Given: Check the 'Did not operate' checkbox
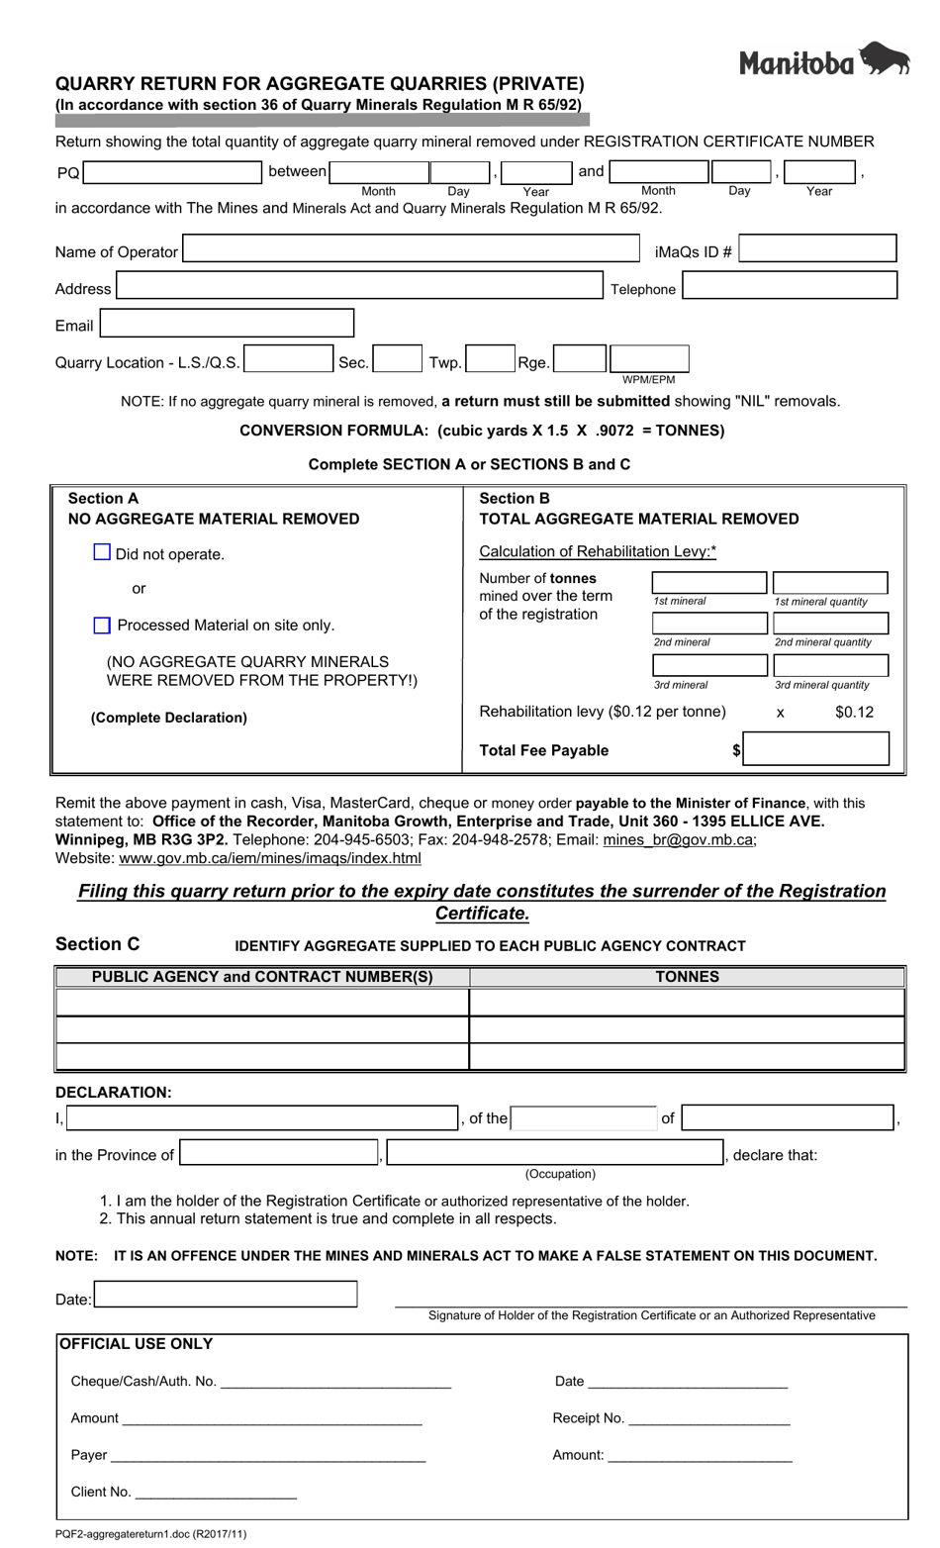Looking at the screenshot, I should point(102,552).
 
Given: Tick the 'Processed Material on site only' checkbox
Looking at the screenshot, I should point(102,625).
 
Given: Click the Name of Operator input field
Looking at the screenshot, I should point(412,248).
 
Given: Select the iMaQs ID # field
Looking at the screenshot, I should point(817,248).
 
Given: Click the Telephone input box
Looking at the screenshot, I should point(790,286).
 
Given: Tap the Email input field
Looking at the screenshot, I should point(227,323).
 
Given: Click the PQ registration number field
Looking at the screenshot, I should point(172,172).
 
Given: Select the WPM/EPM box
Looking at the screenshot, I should point(649,358).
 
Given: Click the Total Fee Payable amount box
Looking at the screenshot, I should point(816,749).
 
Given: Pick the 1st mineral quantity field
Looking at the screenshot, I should point(829,582).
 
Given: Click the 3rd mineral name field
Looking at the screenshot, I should point(708,665).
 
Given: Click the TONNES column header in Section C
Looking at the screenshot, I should point(687,977).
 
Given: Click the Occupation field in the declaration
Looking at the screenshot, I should point(554,1153).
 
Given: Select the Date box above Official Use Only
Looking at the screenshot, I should point(225,1294).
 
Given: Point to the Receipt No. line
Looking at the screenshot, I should point(708,1419).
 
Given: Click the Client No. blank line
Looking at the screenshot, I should point(215,1493).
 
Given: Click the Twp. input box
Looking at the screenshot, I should point(490,358).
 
